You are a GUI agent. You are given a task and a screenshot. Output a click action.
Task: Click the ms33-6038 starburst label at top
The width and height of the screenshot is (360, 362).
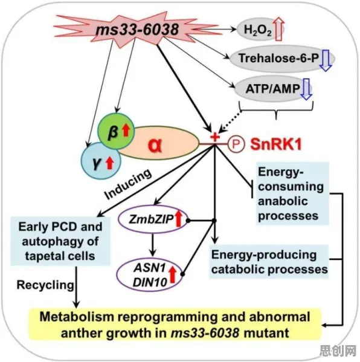[137, 30]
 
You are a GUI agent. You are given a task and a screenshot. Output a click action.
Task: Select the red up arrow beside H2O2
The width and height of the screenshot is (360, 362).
[280, 29]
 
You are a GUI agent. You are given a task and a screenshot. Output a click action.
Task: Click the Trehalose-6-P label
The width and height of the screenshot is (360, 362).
[278, 58]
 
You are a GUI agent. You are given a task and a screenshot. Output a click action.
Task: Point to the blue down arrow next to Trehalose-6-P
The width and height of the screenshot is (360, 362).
[326, 60]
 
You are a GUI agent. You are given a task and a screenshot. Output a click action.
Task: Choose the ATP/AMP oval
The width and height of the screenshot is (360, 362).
[273, 89]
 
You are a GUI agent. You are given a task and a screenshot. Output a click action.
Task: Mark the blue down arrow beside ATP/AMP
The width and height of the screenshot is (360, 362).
[306, 89]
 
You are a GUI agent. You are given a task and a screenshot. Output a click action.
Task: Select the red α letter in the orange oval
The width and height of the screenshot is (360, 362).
[155, 146]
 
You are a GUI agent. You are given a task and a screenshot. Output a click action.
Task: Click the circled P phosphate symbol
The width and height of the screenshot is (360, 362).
[236, 144]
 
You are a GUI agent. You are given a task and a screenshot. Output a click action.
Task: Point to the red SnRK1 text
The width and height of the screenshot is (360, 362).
[276, 144]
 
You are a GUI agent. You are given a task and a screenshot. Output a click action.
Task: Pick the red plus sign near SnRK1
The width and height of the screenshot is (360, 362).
[215, 137]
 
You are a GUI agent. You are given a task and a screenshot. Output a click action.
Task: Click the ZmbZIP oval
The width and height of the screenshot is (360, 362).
[152, 219]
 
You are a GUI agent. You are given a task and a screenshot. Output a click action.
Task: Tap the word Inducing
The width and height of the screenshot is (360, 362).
[128, 184]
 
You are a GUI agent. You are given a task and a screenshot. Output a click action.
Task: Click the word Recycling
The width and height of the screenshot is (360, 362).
[45, 285]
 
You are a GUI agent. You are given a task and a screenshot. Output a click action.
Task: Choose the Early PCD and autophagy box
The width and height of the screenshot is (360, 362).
[60, 241]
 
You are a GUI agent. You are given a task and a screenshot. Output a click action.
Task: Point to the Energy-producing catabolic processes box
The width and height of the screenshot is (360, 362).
[269, 262]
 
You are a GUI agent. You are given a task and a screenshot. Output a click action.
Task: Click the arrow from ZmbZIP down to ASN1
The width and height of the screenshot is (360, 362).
[152, 245]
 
